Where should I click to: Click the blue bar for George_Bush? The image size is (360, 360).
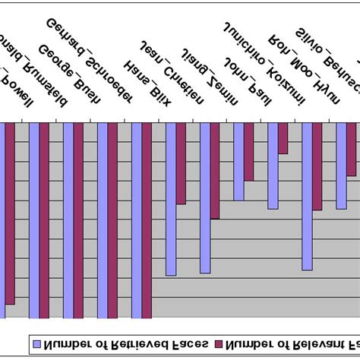pos(68,220)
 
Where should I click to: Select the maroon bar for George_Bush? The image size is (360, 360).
pos(78,220)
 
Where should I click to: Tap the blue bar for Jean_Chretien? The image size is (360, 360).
pos(170,197)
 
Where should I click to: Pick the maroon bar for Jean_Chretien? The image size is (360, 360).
pos(181,163)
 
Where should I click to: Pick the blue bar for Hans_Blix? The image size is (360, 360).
pos(136,220)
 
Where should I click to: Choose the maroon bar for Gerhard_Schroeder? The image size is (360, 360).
pos(112,220)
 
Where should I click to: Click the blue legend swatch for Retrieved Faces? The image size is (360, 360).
pos(35,344)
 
